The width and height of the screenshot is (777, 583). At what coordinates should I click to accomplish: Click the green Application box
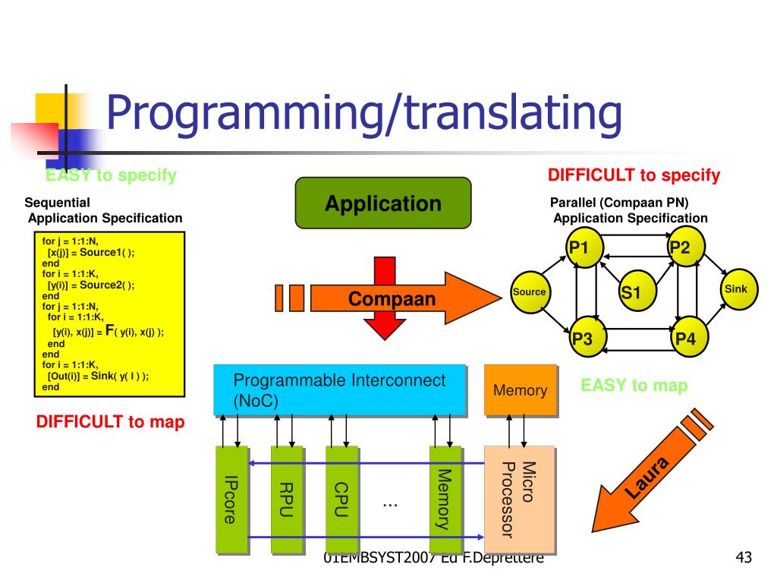click(383, 203)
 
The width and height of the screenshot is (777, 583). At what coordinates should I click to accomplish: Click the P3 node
click(584, 338)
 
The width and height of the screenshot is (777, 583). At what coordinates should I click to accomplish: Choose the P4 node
click(686, 338)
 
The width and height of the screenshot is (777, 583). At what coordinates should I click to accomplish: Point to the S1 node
click(631, 291)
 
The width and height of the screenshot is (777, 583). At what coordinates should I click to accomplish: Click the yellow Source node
click(530, 291)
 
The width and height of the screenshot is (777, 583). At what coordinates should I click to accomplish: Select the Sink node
click(735, 289)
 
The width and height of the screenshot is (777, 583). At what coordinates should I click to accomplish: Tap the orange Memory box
click(520, 390)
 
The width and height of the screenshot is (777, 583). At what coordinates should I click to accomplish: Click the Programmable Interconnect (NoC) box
click(339, 390)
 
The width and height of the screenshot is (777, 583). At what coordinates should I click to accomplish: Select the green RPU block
click(286, 499)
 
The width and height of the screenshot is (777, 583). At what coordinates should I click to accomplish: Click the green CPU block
click(341, 499)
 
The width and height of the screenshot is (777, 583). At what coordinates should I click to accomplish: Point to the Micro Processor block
click(519, 499)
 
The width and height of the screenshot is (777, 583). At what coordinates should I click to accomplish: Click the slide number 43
click(744, 559)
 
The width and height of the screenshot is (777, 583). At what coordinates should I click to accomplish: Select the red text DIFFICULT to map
click(110, 422)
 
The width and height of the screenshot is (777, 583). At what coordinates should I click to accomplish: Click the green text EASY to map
click(634, 386)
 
